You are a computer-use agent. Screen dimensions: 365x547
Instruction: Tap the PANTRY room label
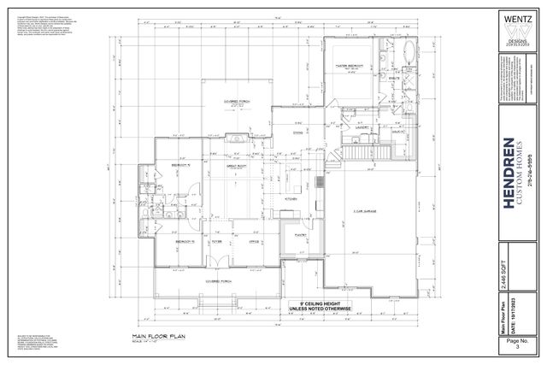tap(300, 233)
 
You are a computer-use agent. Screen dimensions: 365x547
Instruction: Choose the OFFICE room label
tap(253, 242)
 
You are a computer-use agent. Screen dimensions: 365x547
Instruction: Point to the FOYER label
tap(217, 242)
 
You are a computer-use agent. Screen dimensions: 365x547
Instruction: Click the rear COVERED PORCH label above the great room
tap(237, 100)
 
